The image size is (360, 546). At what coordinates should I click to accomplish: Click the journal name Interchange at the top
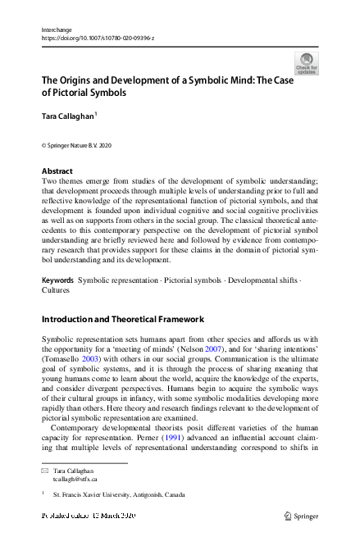[56, 29]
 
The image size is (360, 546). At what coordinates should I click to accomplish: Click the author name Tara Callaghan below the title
[68, 116]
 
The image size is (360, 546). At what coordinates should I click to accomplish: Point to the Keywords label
[58, 280]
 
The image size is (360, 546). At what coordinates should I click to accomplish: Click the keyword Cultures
[56, 290]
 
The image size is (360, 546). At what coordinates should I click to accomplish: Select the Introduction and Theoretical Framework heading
[122, 319]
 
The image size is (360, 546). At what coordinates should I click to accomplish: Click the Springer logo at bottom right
[302, 515]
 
